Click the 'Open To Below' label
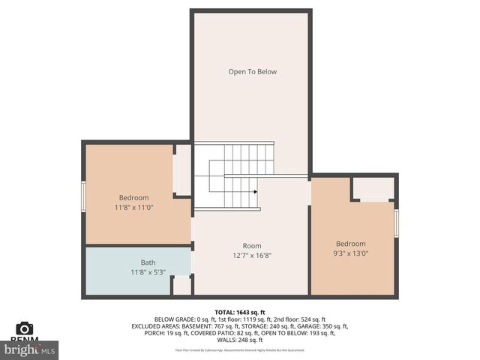pos(253,72)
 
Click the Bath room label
pos(148,262)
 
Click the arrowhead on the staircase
pos(256,192)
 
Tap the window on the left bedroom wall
pos(84,197)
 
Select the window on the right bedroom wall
pos(396,223)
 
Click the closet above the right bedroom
pos(373,188)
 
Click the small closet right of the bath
pos(182,286)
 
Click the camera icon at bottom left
pos(24,328)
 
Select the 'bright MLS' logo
pos(29,349)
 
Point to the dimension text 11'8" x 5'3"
pos(148,272)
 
